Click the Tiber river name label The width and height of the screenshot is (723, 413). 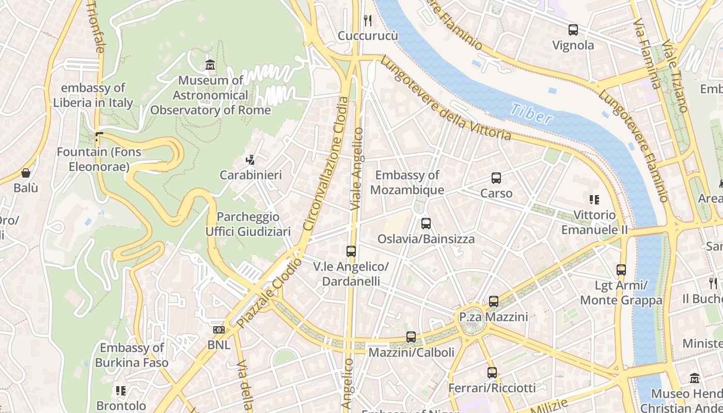(x=531, y=114)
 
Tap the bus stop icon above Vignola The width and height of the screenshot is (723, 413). (x=573, y=30)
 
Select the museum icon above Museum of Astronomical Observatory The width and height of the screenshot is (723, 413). (x=210, y=65)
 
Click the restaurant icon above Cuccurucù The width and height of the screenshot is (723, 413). (x=368, y=20)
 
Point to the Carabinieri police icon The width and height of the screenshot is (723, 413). (x=250, y=160)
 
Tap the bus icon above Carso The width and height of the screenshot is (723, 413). (x=496, y=178)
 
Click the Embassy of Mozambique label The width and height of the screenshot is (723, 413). (x=407, y=183)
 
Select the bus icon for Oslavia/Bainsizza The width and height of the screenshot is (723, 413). (x=426, y=224)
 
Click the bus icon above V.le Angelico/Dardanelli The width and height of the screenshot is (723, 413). (x=351, y=251)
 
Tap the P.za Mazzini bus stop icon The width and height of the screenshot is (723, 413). (x=494, y=301)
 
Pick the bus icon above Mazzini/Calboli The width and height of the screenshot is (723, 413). (x=411, y=337)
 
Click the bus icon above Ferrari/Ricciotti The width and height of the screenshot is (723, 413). (x=492, y=372)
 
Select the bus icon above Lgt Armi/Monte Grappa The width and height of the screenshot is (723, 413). (x=621, y=269)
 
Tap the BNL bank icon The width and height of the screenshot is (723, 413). (x=218, y=329)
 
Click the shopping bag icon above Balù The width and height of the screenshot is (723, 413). (x=26, y=173)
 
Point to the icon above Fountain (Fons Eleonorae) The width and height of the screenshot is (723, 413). (x=99, y=137)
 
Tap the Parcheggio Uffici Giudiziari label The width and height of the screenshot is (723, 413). (x=248, y=224)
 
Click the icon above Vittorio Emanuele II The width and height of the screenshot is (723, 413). (x=594, y=199)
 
